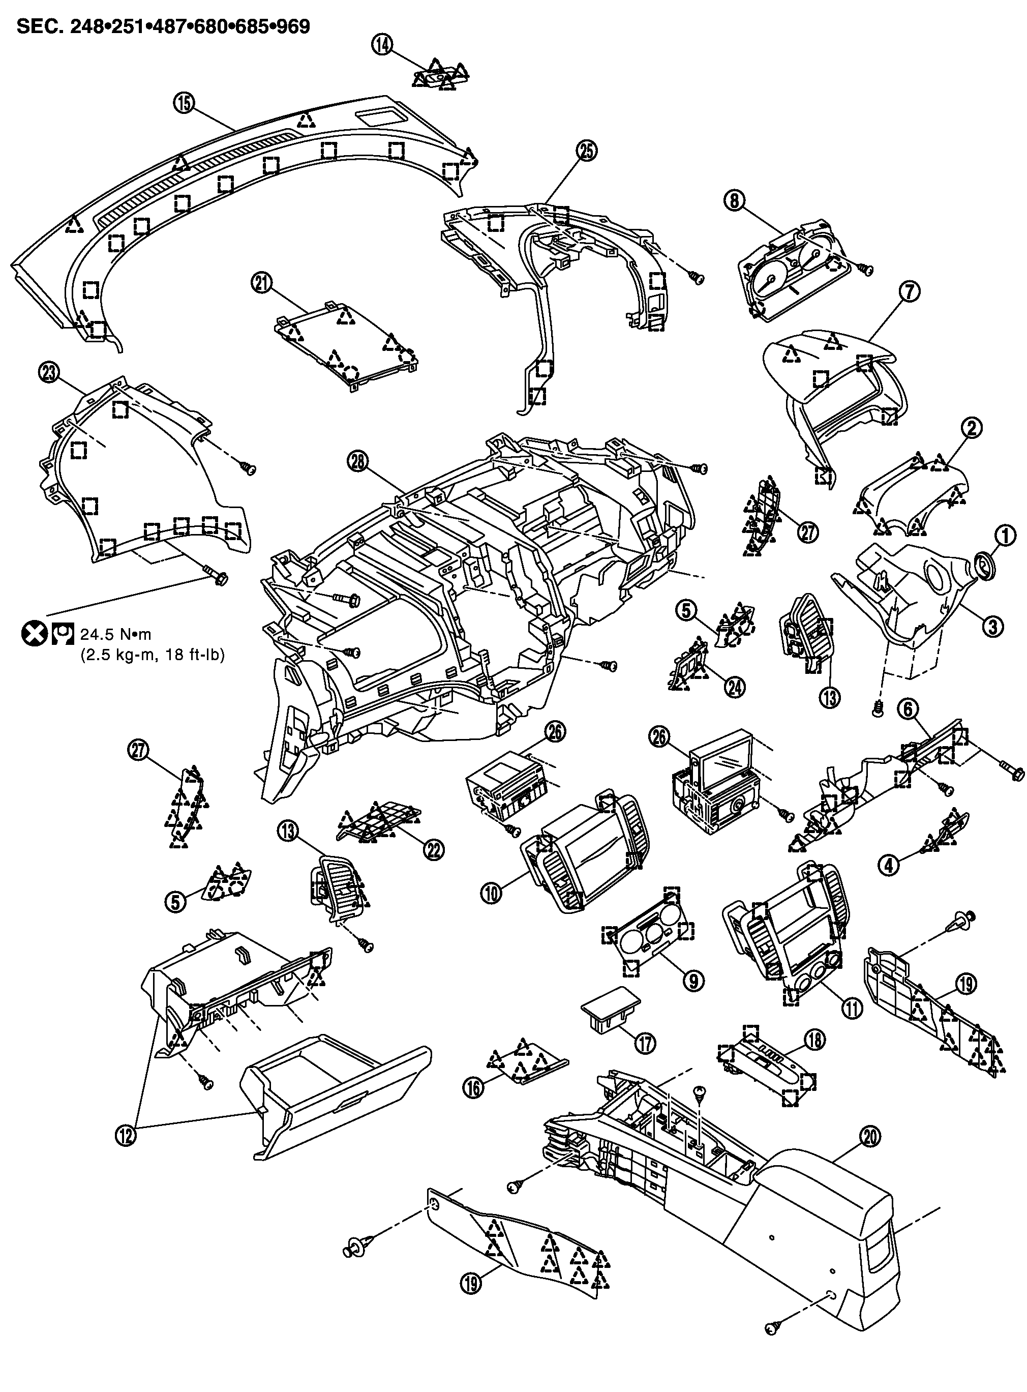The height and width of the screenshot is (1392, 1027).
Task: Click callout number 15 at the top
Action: click(185, 103)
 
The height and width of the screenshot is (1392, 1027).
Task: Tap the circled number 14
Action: click(382, 45)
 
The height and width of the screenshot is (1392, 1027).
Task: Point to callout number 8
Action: click(734, 200)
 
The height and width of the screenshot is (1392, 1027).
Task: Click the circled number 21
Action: click(262, 283)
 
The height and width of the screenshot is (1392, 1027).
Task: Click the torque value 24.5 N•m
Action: click(115, 634)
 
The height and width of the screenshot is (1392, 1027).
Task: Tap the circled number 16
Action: click(474, 1088)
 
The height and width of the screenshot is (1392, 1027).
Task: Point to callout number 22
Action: click(433, 849)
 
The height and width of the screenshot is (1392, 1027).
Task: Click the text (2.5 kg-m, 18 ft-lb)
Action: click(153, 654)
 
